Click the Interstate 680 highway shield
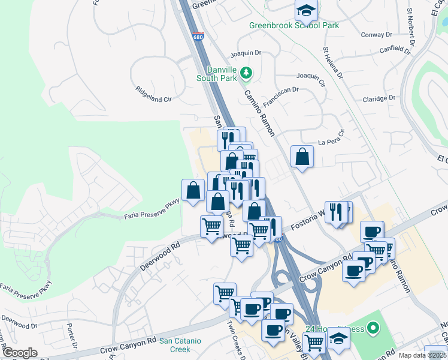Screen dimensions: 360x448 [x=198, y=36]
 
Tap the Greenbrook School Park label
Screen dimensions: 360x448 [x=294, y=25]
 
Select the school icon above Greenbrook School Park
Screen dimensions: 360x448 [x=306, y=10]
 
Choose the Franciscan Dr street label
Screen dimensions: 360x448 [x=280, y=94]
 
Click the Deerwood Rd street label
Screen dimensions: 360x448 [x=160, y=255]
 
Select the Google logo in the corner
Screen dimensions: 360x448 [x=20, y=353]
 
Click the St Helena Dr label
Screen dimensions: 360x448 [x=333, y=63]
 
